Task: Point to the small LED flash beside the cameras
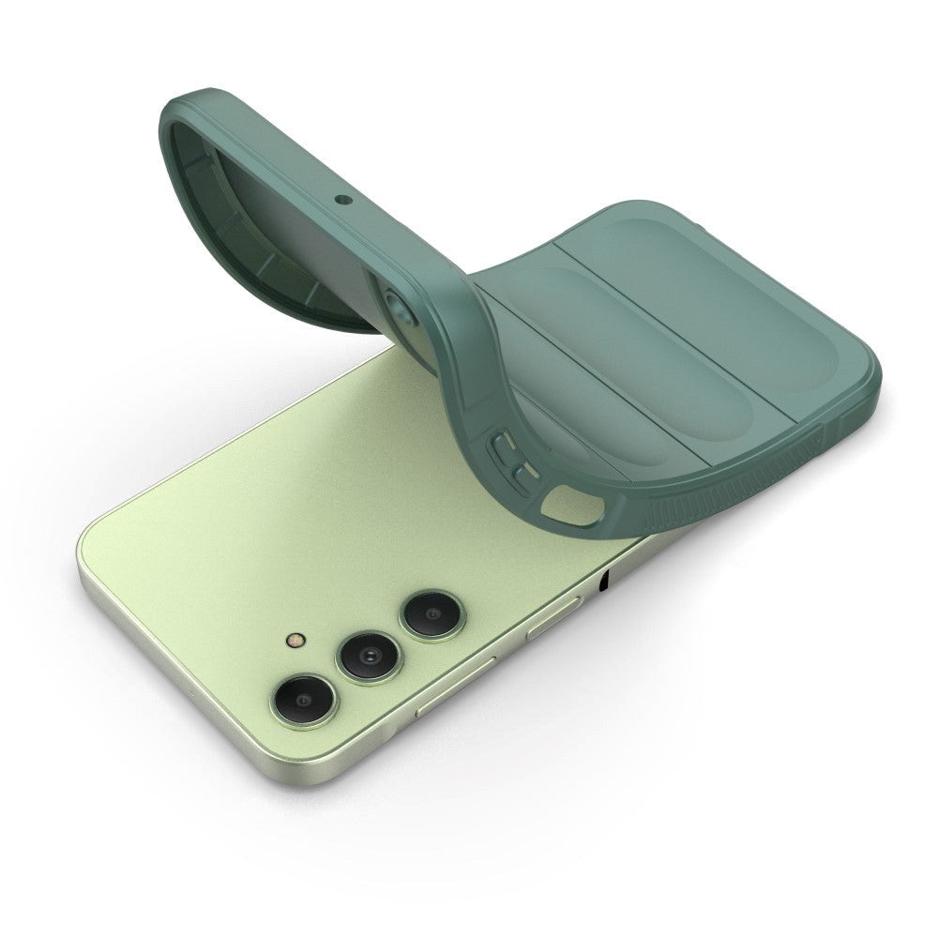point(294,642)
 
